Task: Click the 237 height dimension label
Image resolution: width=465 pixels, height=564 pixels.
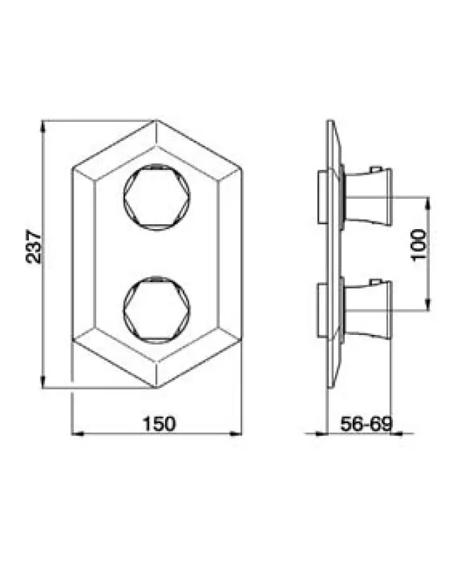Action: [34, 247]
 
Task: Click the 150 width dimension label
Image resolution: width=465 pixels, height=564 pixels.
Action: [159, 424]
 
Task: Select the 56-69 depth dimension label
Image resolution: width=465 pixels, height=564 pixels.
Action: [366, 424]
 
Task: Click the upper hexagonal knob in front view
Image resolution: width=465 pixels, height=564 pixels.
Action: [157, 197]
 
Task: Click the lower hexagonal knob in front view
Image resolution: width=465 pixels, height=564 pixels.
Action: [157, 310]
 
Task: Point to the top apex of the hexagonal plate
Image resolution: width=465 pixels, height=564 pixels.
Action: [156, 120]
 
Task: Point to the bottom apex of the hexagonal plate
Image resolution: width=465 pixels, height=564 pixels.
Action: [156, 388]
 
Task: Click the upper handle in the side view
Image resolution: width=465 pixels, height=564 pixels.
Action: [367, 197]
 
